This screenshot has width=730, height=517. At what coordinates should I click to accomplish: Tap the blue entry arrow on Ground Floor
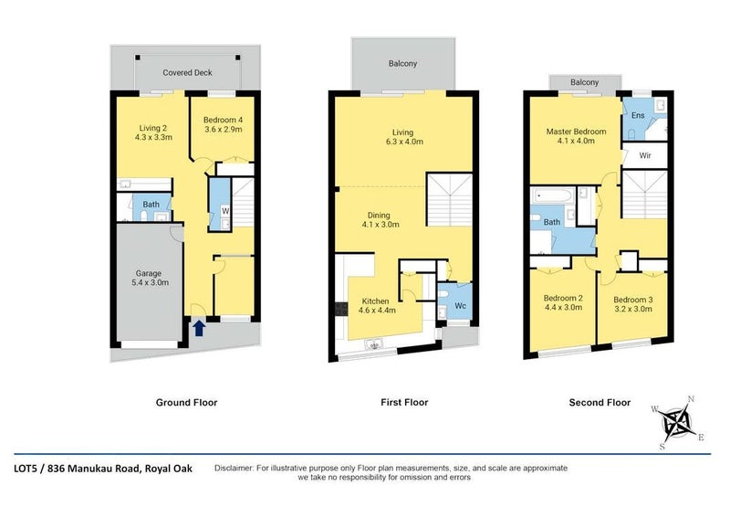[x=198, y=327]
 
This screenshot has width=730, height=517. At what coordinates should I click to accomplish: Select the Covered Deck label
[x=189, y=71]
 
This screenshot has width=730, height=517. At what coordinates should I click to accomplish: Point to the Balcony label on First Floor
[x=403, y=63]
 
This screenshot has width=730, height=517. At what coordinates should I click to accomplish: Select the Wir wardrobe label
[x=644, y=156]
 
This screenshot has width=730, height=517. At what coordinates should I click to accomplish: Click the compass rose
[x=676, y=421]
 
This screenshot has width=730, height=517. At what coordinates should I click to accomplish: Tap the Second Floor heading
[x=599, y=402]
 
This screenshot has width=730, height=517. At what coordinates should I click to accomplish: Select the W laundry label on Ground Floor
[x=225, y=212]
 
